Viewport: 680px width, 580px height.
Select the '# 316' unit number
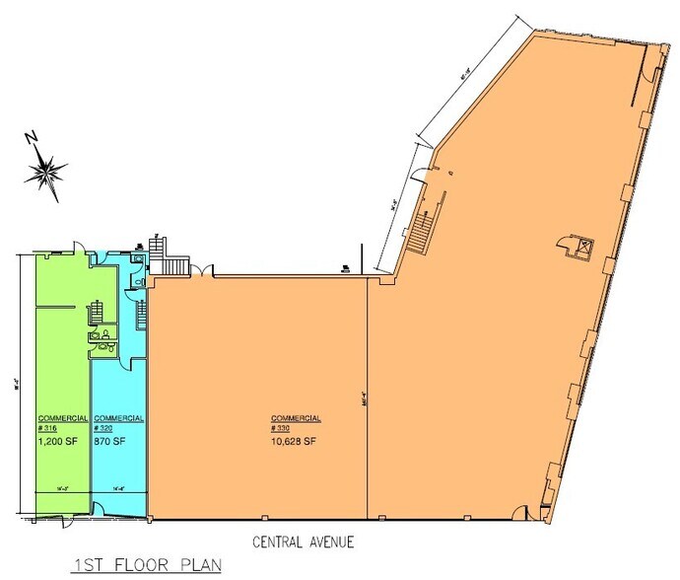(49, 428)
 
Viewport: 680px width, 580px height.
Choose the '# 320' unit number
(103, 428)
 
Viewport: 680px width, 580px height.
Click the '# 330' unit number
(282, 428)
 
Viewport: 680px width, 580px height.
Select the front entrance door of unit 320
(101, 510)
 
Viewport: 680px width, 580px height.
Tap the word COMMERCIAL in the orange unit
(296, 417)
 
